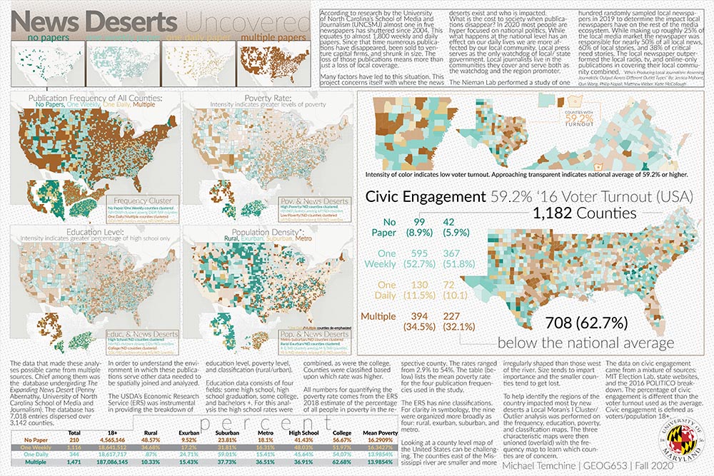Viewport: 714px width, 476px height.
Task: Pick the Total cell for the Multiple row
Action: [73, 463]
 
